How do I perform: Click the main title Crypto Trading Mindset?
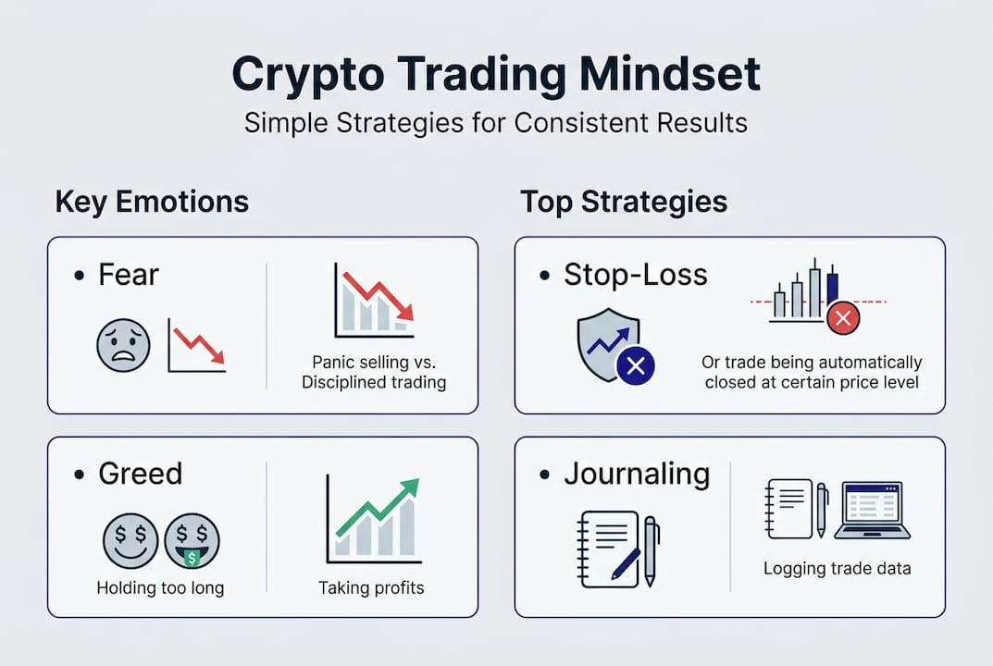click(496, 75)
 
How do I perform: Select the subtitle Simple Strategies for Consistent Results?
click(496, 122)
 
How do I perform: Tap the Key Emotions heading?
click(152, 202)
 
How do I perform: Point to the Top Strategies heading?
click(624, 202)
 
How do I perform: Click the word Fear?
click(129, 275)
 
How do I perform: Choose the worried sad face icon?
click(123, 346)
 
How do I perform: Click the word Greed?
click(140, 474)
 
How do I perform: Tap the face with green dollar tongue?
click(192, 542)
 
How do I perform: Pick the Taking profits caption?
click(371, 587)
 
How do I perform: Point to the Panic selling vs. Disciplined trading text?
click(374, 372)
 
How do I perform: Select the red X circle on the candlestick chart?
click(843, 319)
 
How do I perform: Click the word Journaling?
click(637, 474)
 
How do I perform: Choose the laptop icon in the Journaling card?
click(872, 510)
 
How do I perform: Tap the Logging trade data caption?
click(837, 569)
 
